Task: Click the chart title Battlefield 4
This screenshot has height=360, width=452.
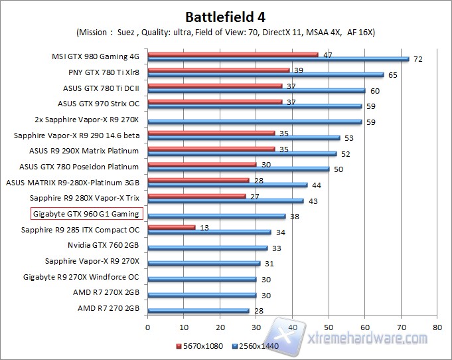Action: (x=226, y=16)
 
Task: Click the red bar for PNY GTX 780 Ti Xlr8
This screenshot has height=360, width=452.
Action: (x=218, y=70)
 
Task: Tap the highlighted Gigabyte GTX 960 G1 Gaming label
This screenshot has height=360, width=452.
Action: (x=86, y=214)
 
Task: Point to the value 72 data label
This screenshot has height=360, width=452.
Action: (x=418, y=60)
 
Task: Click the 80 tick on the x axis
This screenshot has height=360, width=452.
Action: (x=437, y=327)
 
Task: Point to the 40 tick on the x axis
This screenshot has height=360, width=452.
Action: (x=292, y=327)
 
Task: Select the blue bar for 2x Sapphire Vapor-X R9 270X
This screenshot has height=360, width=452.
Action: (x=254, y=122)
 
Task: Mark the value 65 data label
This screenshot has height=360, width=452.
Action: (x=393, y=75)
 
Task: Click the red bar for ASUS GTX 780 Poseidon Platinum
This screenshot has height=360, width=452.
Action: (x=202, y=163)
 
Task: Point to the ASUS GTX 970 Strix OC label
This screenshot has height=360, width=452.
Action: (x=98, y=103)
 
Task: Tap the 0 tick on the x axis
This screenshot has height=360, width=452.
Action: (x=147, y=327)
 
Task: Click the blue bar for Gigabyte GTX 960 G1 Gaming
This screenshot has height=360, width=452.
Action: (x=216, y=216)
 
